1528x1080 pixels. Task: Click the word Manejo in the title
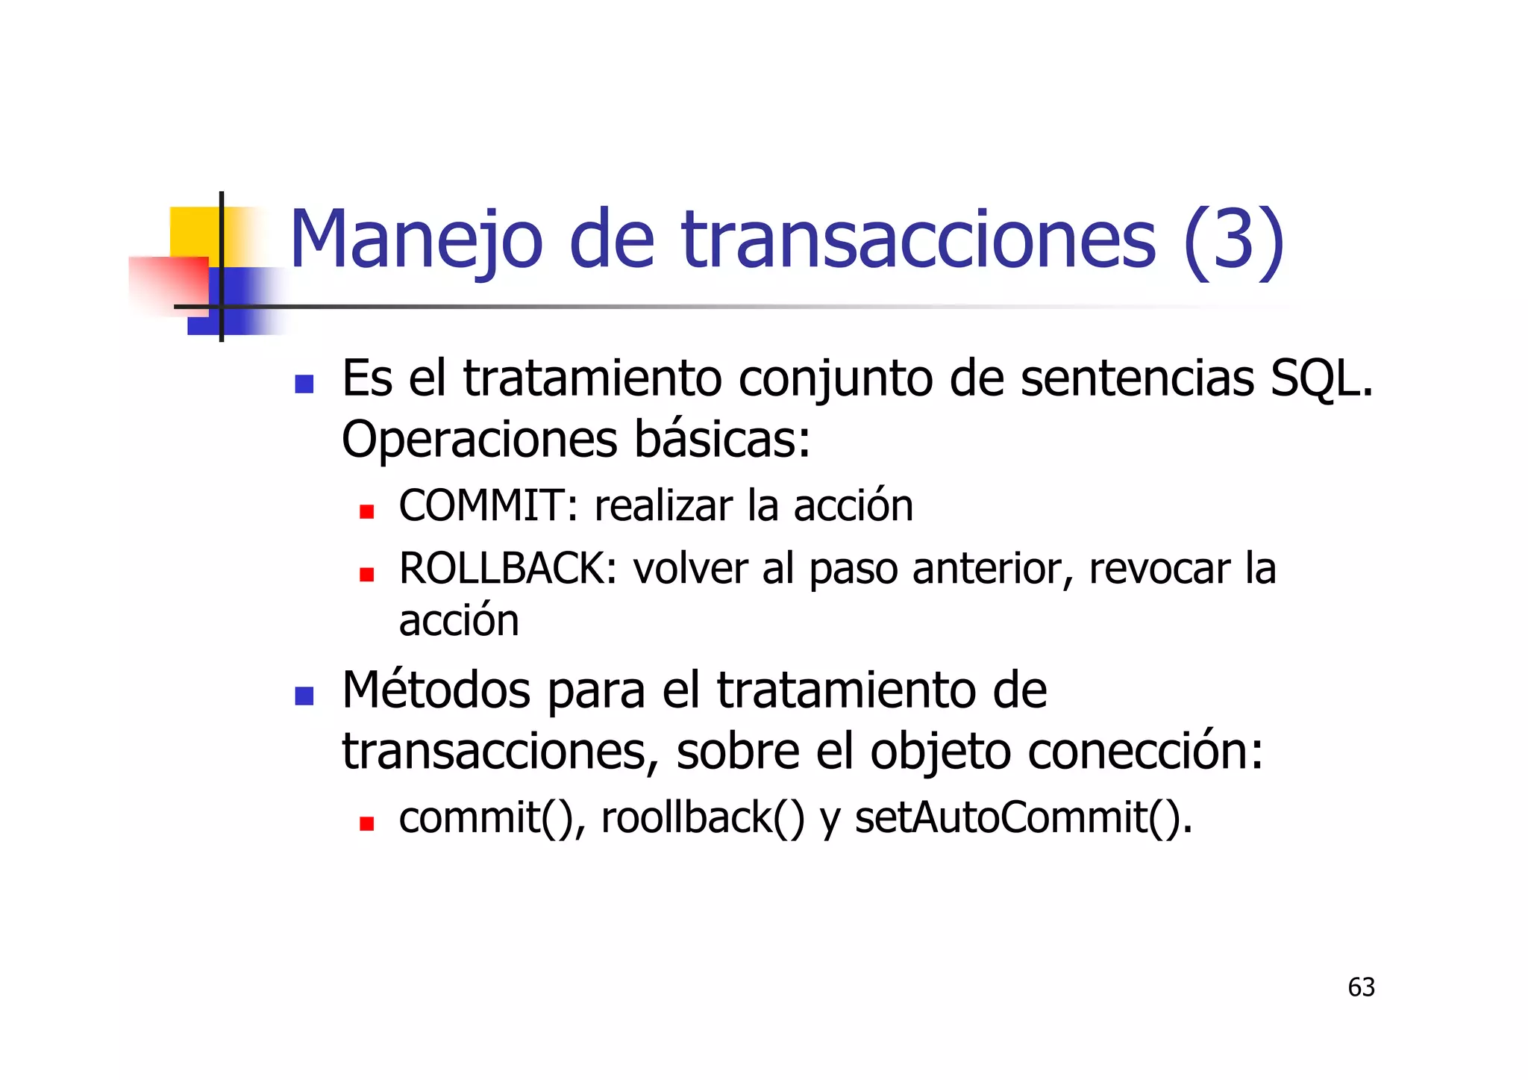point(416,240)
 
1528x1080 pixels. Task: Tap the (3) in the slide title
point(1233,240)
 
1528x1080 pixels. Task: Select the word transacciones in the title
point(918,240)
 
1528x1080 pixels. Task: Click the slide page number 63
point(1361,987)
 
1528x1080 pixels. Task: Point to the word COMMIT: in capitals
point(489,506)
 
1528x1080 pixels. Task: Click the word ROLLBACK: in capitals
point(508,569)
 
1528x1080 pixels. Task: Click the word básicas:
point(722,440)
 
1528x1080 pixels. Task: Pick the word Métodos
point(436,690)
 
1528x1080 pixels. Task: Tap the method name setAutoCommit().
point(1024,818)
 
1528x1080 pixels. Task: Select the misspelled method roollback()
point(703,818)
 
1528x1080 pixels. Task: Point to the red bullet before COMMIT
point(366,512)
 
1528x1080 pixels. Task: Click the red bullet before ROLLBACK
point(366,575)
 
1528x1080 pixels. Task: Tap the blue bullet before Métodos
point(304,696)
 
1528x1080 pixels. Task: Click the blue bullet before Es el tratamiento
point(304,384)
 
